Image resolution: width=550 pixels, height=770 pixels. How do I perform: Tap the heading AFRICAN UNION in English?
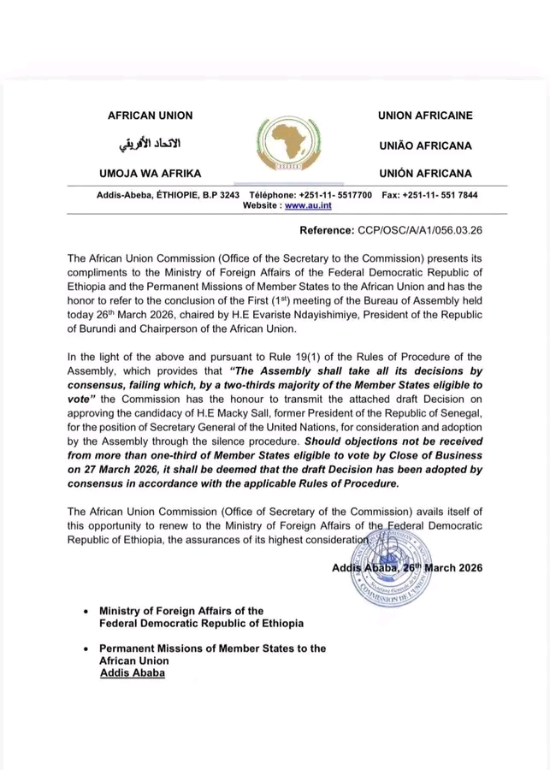(x=150, y=115)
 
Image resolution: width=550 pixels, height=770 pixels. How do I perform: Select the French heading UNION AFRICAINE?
(x=424, y=115)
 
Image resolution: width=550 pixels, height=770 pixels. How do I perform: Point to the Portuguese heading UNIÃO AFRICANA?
(x=425, y=145)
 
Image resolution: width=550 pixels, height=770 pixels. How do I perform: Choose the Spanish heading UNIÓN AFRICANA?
(x=425, y=173)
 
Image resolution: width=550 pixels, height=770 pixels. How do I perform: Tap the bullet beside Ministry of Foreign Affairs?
(x=85, y=612)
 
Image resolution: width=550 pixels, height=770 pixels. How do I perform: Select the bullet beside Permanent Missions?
(x=85, y=649)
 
